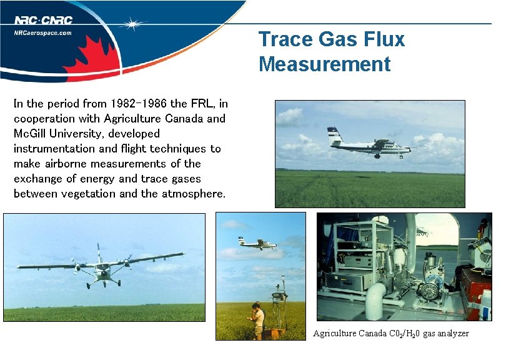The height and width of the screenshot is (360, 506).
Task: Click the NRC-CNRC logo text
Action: [44, 20]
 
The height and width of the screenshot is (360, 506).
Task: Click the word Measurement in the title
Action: [324, 64]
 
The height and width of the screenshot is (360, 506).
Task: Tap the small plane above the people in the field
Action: [257, 243]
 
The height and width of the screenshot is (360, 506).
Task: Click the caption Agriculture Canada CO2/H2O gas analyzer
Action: [390, 334]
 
